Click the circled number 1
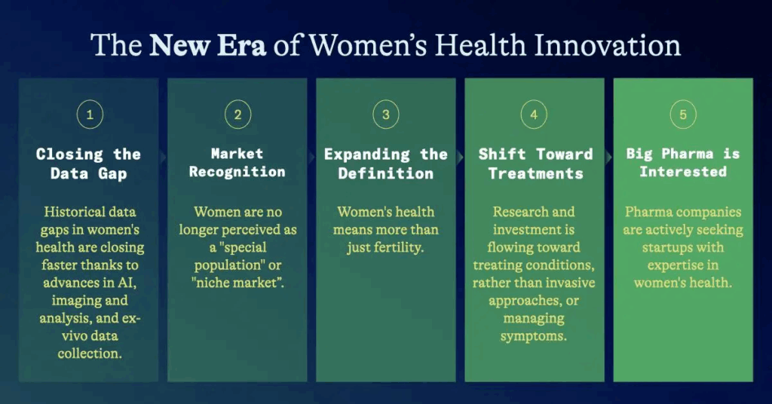(x=90, y=115)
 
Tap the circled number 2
(x=237, y=115)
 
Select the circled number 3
(x=386, y=115)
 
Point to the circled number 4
(x=534, y=115)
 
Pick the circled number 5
(x=683, y=115)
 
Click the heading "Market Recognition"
(x=237, y=162)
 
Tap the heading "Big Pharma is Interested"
(x=683, y=162)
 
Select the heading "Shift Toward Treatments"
(x=535, y=164)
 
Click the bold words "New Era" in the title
(x=207, y=45)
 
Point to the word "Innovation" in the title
(x=608, y=45)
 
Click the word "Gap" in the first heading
(x=112, y=173)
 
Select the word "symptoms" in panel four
(x=533, y=336)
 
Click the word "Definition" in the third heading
(x=385, y=173)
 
